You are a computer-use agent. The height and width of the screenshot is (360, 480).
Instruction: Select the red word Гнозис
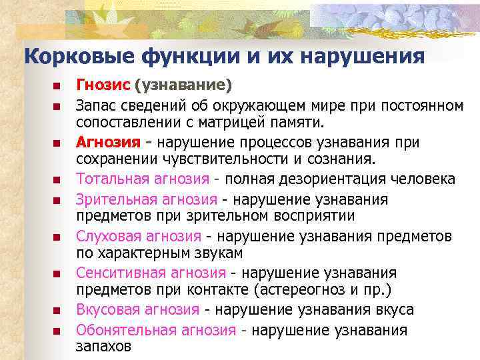[x=103, y=85]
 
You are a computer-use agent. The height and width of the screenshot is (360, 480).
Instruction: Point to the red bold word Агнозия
[x=108, y=142]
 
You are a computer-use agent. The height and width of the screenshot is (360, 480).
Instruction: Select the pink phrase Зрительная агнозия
[x=146, y=199]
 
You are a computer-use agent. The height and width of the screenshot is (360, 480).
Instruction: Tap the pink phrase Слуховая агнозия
[x=138, y=236]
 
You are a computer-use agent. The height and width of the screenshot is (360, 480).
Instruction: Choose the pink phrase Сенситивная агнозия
[x=151, y=273]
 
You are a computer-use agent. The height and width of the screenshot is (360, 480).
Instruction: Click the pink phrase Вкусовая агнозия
[x=137, y=310]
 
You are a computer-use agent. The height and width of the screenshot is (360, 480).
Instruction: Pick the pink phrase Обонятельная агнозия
[x=155, y=329]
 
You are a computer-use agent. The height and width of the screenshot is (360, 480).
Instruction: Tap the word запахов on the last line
[x=103, y=346]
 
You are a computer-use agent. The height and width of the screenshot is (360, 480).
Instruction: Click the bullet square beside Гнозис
[x=57, y=87]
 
